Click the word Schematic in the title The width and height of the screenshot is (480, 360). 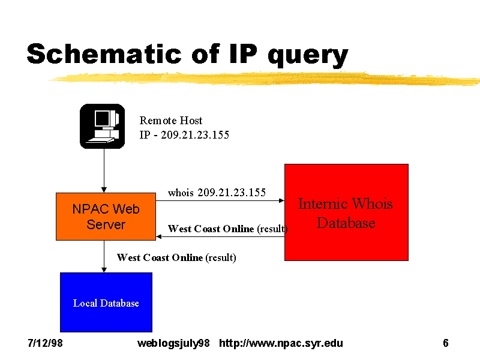point(104,53)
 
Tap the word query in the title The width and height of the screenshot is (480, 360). point(308,56)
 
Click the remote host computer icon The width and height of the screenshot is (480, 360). point(102,126)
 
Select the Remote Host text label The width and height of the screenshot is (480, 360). point(171,121)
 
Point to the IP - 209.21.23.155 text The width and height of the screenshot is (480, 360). point(184,134)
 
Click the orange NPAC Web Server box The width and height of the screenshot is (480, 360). point(106,217)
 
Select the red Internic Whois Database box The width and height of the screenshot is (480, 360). point(346,212)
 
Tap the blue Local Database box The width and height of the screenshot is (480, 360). point(106,302)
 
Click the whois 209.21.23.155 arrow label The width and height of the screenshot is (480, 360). point(217,193)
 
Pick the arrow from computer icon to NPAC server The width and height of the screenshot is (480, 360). point(104,170)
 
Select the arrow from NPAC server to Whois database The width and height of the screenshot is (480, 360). point(220,200)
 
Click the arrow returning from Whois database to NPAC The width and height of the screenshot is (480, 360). point(220,236)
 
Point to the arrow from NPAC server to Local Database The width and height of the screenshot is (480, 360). point(104,256)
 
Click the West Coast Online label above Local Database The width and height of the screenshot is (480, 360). point(176,257)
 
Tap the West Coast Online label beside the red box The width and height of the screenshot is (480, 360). point(228,229)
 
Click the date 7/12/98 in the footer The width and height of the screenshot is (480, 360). point(46,343)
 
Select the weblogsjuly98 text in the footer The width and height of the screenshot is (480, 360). point(173,343)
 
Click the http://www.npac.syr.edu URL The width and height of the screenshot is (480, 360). point(281,343)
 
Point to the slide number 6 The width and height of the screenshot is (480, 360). point(446,343)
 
